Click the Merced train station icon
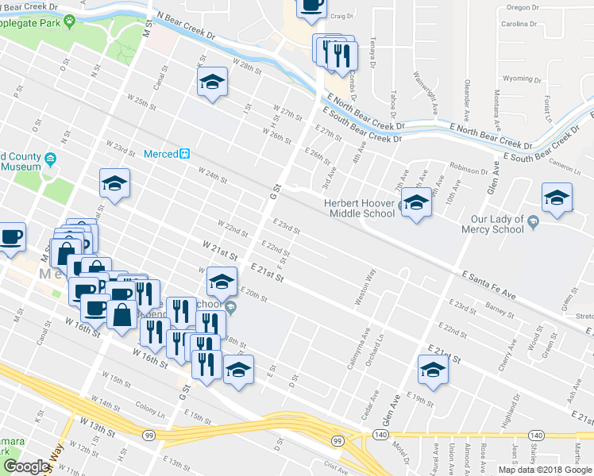pos(184,154)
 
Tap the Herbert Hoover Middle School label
pos(360,208)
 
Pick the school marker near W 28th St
pos(212,83)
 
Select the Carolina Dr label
pos(519,24)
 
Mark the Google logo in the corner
pos(26,466)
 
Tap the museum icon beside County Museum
pos(51,160)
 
